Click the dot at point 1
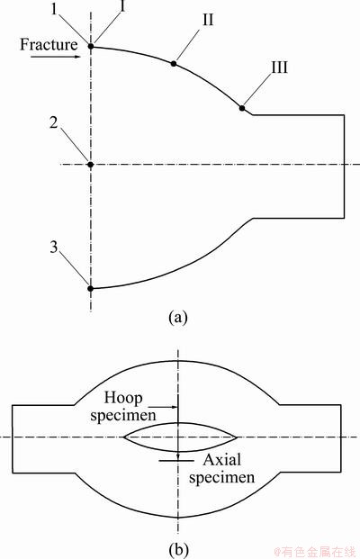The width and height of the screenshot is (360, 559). tap(91, 46)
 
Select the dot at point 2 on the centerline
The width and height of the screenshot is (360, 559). tap(91, 165)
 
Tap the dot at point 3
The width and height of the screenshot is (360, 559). tap(91, 288)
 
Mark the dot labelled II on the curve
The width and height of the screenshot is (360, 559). tap(174, 63)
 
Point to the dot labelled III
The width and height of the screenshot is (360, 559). tap(242, 108)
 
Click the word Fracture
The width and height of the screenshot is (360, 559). tap(49, 45)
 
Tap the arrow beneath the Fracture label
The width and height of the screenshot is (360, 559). tap(55, 57)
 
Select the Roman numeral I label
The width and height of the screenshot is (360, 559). tap(122, 6)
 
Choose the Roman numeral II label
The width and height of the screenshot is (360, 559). tap(209, 20)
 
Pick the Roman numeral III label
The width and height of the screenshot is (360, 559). tap(279, 67)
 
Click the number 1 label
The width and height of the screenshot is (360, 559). tap(54, 9)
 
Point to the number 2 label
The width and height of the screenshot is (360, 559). tap(53, 122)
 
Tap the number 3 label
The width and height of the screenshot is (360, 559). tap(53, 247)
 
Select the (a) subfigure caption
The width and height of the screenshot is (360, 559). tap(177, 317)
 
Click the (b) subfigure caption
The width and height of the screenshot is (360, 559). tap(178, 549)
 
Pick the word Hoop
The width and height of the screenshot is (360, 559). tap(123, 398)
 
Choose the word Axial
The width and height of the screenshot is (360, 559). tap(221, 460)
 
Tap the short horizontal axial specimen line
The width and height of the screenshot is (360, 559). tap(176, 461)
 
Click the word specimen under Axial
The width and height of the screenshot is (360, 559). tap(221, 478)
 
